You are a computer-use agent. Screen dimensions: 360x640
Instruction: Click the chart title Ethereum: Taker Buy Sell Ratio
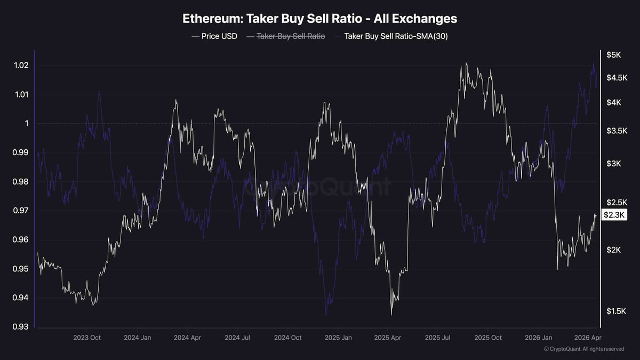click(x=319, y=19)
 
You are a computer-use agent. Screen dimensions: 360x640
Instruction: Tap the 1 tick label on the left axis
click(x=25, y=124)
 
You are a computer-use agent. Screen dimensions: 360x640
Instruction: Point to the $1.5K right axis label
click(x=616, y=311)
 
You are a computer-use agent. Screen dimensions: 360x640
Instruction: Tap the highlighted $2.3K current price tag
click(x=614, y=215)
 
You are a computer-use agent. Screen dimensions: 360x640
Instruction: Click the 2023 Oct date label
click(x=87, y=338)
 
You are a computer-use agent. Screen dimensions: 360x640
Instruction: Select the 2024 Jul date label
click(x=238, y=338)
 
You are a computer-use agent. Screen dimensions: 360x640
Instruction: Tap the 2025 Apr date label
click(x=387, y=338)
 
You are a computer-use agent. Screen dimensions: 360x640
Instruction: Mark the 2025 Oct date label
click(x=488, y=338)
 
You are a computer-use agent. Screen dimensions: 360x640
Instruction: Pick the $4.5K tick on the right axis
click(x=616, y=77)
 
